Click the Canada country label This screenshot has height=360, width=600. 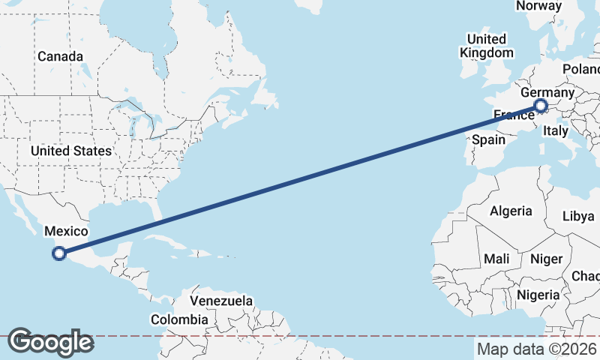[60, 56]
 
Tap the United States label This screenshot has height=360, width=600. [71, 151]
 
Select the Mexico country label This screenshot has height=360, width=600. [67, 232]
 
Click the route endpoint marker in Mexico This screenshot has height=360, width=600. [59, 253]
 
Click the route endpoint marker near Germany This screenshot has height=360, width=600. [541, 106]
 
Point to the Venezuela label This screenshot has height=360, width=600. [221, 301]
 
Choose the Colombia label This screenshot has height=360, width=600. [179, 319]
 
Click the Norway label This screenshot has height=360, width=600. [538, 6]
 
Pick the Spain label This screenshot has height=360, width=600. [488, 139]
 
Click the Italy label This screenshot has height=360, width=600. [556, 130]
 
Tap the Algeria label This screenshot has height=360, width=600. [511, 211]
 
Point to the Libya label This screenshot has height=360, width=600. [578, 216]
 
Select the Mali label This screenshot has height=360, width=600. [496, 259]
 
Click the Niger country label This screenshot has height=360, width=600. [546, 259]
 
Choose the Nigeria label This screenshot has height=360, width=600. [539, 294]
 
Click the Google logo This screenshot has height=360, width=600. [49, 342]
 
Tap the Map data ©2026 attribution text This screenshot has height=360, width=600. [537, 349]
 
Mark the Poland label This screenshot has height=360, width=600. [582, 69]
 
